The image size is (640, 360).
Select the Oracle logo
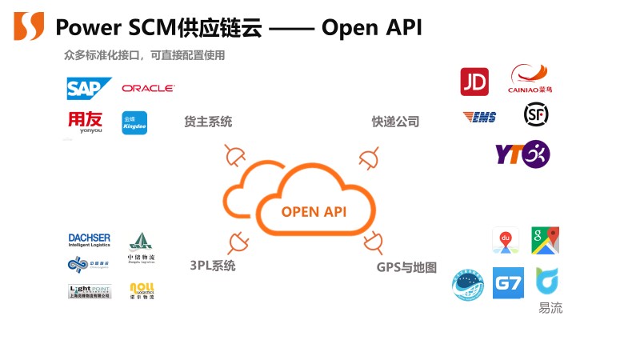[x=148, y=89]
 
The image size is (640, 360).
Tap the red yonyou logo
[x=86, y=122]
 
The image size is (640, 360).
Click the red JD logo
[x=474, y=81]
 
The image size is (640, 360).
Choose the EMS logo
[x=480, y=118]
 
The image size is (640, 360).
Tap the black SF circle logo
[x=536, y=115]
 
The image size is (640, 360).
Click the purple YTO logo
[x=522, y=154]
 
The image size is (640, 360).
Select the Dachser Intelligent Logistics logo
[x=90, y=239]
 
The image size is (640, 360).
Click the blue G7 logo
[x=508, y=283]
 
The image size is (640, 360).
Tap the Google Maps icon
[x=545, y=240]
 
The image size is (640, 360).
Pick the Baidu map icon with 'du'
[x=506, y=240]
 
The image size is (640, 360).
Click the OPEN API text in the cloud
[x=313, y=212]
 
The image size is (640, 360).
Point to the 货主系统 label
[x=208, y=122]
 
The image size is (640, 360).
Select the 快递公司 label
[x=395, y=122]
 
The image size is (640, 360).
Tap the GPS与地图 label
[x=406, y=267]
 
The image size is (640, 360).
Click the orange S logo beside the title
[x=29, y=26]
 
